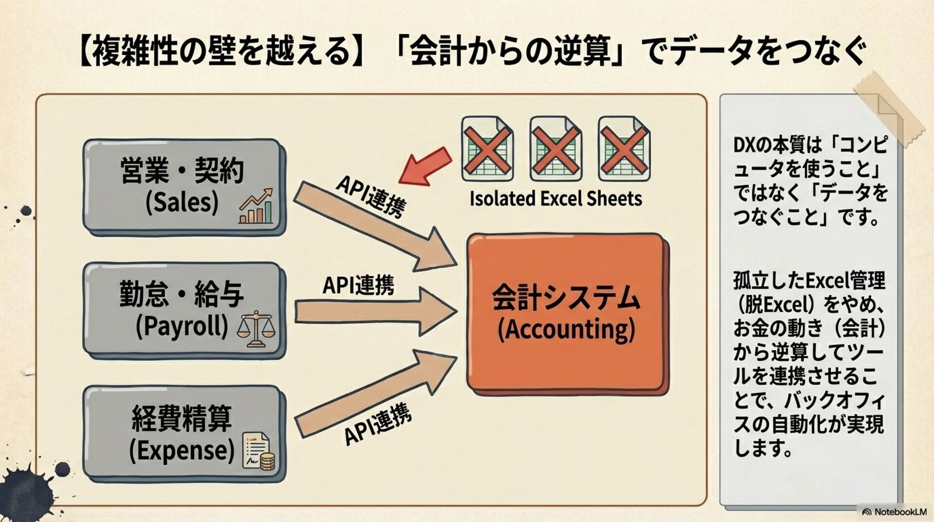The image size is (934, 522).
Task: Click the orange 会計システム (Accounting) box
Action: pos(567,312)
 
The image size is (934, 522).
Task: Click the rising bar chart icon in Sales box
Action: pos(256,206)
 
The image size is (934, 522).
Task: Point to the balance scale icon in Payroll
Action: pos(255,329)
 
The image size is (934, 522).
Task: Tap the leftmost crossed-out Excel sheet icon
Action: pos(487,148)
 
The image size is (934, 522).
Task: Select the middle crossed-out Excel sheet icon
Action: pos(556,148)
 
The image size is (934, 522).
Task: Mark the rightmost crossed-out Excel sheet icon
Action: pos(624,148)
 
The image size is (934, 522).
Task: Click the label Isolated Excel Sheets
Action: pos(556,199)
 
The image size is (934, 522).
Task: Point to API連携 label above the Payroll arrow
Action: pos(358,285)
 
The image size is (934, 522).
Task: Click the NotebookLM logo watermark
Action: pos(894,512)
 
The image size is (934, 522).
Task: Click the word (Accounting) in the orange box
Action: pos(566,330)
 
